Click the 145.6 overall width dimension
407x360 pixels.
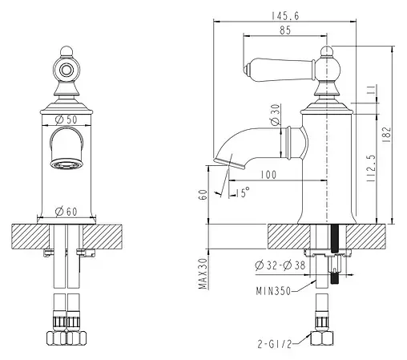point(285,16)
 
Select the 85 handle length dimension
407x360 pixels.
point(285,30)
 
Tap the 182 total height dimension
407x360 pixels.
point(387,135)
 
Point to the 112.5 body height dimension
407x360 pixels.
point(371,168)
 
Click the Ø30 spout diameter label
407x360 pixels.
point(276,115)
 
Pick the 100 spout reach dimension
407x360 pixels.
point(268,175)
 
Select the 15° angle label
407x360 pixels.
point(243,192)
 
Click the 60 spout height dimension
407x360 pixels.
point(203,195)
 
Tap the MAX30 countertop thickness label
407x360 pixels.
point(203,273)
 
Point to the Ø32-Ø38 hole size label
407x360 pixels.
point(280,265)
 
